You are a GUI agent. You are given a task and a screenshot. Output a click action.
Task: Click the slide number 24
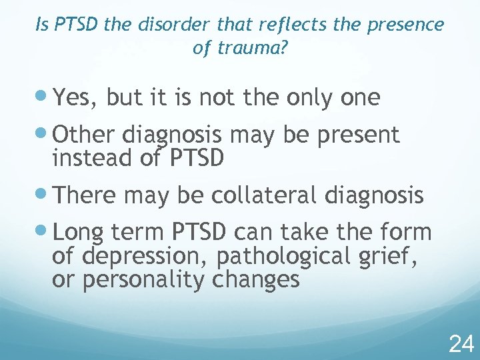461,344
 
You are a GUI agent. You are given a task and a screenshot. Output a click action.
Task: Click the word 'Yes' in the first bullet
73,99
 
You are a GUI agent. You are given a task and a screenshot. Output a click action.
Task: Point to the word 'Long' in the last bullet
78,233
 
